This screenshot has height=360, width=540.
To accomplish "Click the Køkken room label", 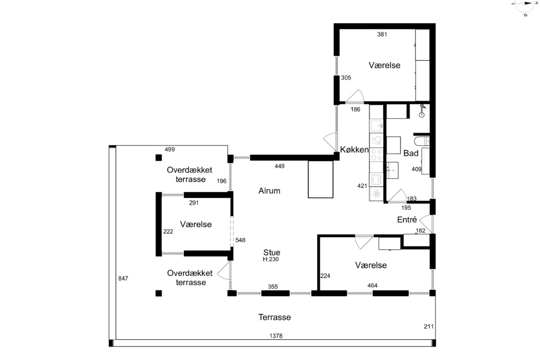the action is [x=354, y=150].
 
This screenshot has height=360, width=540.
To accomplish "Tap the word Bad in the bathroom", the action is [x=411, y=153].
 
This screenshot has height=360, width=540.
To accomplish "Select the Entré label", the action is [x=407, y=220].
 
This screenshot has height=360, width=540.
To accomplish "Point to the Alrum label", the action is [x=269, y=191].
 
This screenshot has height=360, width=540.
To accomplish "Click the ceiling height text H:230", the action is [x=271, y=260].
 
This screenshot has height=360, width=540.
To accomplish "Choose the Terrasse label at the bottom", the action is [x=274, y=317].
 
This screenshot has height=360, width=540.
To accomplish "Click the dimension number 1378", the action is [x=276, y=336].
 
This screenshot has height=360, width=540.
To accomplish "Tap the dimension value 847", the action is [x=123, y=279].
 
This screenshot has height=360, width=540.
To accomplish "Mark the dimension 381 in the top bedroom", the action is [x=382, y=35].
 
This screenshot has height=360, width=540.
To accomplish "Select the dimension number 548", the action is [x=240, y=240].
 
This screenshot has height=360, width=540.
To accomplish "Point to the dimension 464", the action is [x=372, y=286].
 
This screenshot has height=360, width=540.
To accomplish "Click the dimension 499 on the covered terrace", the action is [x=170, y=149].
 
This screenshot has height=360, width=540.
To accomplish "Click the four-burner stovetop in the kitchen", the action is [x=376, y=155].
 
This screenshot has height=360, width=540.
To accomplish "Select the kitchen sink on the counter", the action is [x=376, y=126].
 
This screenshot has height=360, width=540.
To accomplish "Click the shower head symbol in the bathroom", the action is [x=422, y=111].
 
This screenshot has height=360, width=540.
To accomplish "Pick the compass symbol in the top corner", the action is [x=525, y=6].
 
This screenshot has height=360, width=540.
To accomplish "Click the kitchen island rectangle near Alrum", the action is [x=320, y=180].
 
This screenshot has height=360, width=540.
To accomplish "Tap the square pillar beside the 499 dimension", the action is [x=158, y=157].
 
